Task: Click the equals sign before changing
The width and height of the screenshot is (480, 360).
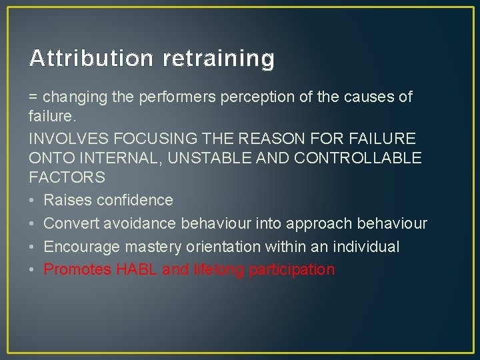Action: point(33,97)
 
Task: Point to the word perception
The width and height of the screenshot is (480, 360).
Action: point(256,97)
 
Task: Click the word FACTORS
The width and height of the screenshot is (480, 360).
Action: point(67,178)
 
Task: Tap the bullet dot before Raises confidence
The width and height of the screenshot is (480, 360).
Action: point(33,201)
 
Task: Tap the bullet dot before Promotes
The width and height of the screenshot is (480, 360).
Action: point(33,270)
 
